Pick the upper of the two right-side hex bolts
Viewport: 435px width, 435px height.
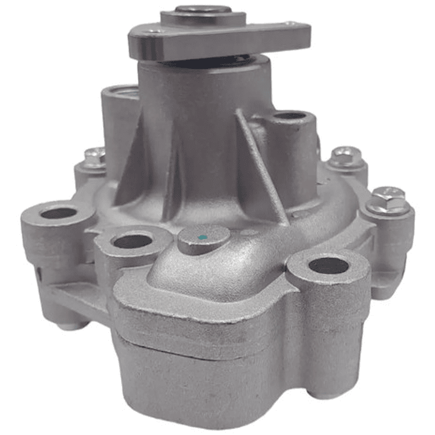(x=346, y=155)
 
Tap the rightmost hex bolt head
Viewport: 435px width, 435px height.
(x=387, y=198)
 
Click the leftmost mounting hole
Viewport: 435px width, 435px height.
(x=59, y=213)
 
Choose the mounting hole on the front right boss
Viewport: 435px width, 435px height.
(x=329, y=266)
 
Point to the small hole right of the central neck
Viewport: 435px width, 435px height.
(x=290, y=116)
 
